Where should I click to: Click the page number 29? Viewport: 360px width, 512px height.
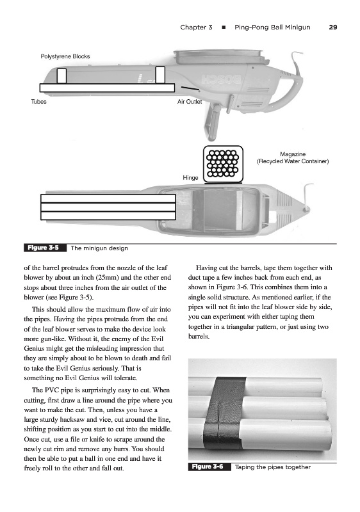(x=333, y=28)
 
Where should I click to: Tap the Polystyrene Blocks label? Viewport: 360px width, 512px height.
(x=65, y=56)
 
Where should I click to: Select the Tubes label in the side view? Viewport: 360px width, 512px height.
(x=38, y=102)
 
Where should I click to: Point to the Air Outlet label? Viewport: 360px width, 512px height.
(x=190, y=102)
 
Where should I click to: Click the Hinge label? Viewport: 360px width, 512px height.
(x=190, y=178)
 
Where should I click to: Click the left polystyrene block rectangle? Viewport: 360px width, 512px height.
(x=61, y=76)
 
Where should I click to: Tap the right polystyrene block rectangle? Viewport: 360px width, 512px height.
(x=160, y=75)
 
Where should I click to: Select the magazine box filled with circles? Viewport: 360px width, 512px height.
(x=223, y=164)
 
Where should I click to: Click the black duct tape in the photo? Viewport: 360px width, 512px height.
(x=225, y=413)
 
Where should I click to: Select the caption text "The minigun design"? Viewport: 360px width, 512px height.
(x=99, y=248)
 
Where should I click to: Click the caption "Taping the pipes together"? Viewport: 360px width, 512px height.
(x=273, y=467)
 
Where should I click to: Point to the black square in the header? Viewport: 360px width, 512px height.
(x=224, y=28)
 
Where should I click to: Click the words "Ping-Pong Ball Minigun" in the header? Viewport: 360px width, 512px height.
(x=272, y=28)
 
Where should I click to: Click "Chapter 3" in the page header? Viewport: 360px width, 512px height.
(x=196, y=28)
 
